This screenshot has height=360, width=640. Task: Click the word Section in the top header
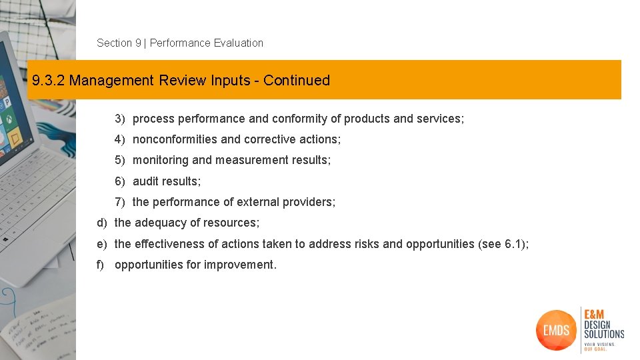114,43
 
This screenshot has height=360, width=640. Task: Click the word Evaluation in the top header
238,43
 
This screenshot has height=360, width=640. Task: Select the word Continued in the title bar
297,80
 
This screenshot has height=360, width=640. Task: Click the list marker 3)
120,119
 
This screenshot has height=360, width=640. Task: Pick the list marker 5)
120,160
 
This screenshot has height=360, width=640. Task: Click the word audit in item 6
146,181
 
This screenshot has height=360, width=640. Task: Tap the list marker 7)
120,202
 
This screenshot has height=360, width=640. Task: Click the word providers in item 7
311,202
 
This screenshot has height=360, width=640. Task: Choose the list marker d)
102,223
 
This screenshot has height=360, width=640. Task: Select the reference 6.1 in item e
513,244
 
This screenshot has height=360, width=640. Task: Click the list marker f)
101,265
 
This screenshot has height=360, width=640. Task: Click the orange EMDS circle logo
555,329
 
